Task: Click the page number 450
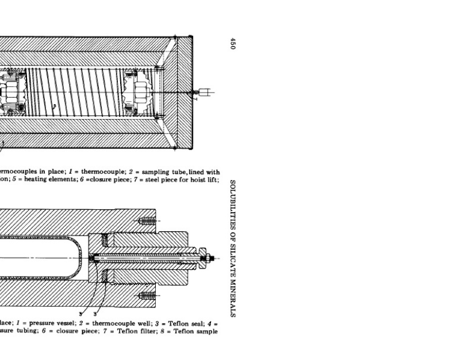(233, 44)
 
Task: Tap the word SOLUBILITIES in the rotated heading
(233, 200)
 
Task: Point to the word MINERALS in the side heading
(233, 295)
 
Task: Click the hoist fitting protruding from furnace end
(204, 91)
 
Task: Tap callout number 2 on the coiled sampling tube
(54, 106)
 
